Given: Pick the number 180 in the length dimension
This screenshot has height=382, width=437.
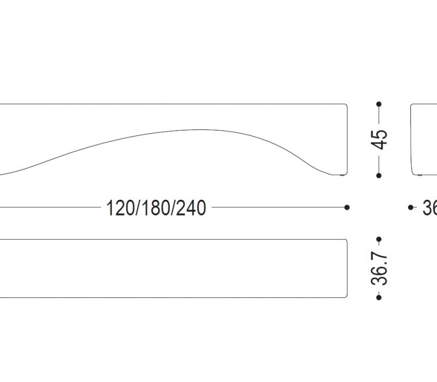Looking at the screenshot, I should pos(156,208).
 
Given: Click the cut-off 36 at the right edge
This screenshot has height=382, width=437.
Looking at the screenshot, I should pos(429,208).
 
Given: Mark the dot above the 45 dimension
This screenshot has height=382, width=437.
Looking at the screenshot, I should pos(379,103).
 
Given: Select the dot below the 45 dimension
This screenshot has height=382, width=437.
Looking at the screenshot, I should pos(379,175).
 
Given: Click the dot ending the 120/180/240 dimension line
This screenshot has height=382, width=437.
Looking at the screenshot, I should pos(347,207).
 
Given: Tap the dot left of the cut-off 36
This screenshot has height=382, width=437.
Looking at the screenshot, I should pos(411,207).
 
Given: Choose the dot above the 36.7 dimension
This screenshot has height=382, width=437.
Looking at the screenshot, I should pos(379,239).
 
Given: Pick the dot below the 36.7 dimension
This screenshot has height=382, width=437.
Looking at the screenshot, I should pos(379,297).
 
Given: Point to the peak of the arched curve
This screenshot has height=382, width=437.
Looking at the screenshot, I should pos(199,130).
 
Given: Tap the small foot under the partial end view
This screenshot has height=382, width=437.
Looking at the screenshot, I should pos(419,176).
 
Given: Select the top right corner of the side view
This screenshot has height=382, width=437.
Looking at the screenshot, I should pos(346,105).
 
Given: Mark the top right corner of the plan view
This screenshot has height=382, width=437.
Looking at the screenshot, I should pos(346,240).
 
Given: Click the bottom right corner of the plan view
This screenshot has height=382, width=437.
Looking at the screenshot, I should pos(346,297).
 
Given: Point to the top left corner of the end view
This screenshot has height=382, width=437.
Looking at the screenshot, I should pos(412,105).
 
